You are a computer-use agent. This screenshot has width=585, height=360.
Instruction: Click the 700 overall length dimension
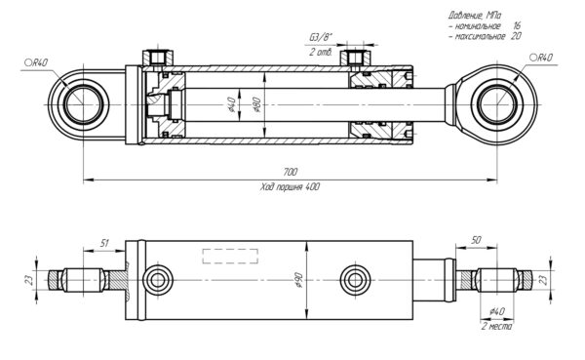pos(291,172)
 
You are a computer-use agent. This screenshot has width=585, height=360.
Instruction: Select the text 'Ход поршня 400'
pos(290,186)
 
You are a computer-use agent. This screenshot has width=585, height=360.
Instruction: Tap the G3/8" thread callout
pos(321,38)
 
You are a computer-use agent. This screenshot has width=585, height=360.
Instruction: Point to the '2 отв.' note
pos(321,52)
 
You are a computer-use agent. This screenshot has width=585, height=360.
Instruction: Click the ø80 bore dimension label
pos(256,104)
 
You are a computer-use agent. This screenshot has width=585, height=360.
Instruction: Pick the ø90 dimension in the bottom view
pos(299,280)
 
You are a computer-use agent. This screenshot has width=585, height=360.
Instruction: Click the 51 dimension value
pos(104,244)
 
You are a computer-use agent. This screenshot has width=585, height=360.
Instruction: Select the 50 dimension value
pos(476,240)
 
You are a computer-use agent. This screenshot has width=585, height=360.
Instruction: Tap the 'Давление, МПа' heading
pos(475,16)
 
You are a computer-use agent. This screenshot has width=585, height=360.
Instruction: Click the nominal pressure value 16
pos(517,25)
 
